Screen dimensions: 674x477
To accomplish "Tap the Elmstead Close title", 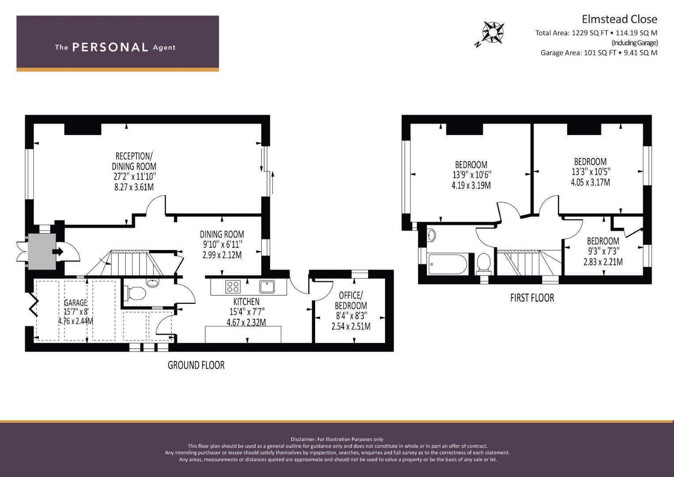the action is click(x=619, y=19).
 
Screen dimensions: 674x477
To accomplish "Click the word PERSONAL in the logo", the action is click(x=110, y=47).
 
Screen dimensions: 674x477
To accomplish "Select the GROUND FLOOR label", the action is click(x=196, y=365).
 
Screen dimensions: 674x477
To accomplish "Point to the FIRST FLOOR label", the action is click(x=532, y=298).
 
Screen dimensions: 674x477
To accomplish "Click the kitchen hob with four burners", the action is click(x=233, y=286).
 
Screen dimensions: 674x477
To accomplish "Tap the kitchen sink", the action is click(x=267, y=287).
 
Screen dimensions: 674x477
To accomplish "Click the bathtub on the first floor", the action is click(x=448, y=264).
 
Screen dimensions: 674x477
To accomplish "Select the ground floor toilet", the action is click(x=136, y=293).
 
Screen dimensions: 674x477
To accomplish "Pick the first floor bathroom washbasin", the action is click(x=431, y=235).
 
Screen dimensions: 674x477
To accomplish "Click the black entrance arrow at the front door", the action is click(x=58, y=251).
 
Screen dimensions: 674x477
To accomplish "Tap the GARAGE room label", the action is click(x=75, y=303).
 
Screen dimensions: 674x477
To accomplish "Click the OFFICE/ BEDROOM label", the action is click(x=351, y=300).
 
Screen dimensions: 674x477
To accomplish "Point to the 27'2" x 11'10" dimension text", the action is click(x=135, y=177).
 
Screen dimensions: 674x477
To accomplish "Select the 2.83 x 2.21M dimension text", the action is click(x=603, y=262).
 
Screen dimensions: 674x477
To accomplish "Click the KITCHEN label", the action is click(x=246, y=301).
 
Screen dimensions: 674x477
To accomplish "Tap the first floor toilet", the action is click(x=483, y=264).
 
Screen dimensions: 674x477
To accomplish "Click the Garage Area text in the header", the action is click(x=599, y=53).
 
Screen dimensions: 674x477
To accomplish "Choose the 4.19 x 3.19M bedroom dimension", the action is click(x=471, y=185).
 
